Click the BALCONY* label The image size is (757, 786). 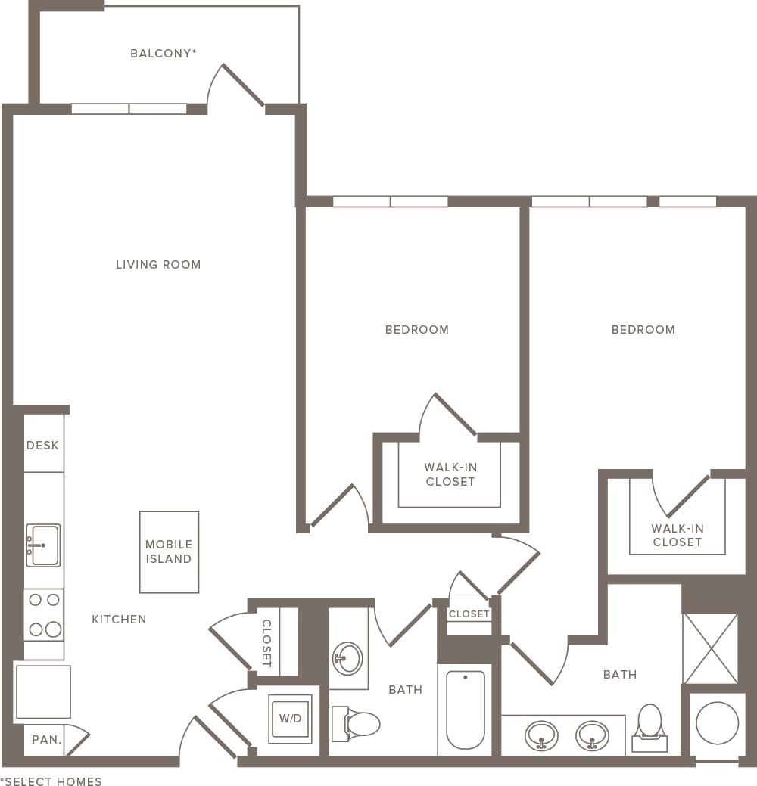(x=164, y=54)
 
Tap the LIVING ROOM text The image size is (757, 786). (x=158, y=265)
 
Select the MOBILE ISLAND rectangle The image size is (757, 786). (x=169, y=551)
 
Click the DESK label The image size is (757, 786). (x=42, y=446)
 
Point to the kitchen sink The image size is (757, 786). (x=43, y=545)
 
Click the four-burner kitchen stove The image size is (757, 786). (x=43, y=614)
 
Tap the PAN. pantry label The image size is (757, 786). (x=46, y=740)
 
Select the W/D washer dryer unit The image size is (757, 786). (x=290, y=719)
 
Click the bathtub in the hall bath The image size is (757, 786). (x=464, y=709)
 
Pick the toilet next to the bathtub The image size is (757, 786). (x=358, y=724)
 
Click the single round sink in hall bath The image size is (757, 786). (x=347, y=657)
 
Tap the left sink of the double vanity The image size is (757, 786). (x=541, y=735)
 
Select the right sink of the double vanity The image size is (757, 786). (x=591, y=735)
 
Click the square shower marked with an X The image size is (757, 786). (x=710, y=648)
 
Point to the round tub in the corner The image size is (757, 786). (x=717, y=722)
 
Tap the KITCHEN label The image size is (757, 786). (x=119, y=620)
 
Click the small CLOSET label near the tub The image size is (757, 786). (x=469, y=614)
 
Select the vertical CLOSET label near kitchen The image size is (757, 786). (x=266, y=643)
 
